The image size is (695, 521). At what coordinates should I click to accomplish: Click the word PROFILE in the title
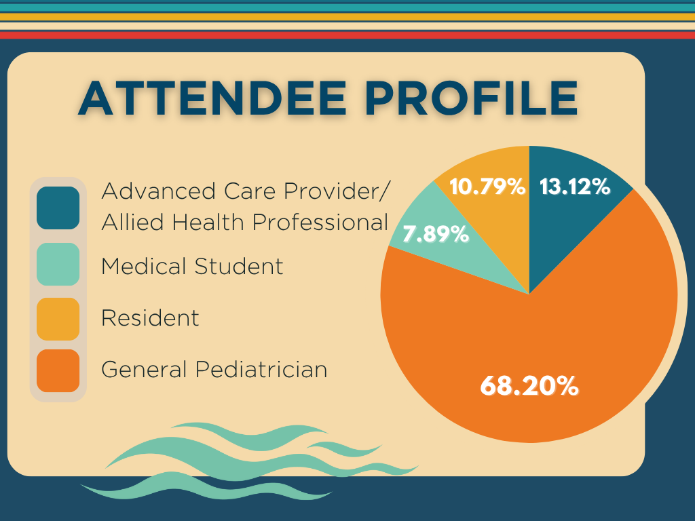tap(471, 98)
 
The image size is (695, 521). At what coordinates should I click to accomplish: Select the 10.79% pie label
tap(487, 187)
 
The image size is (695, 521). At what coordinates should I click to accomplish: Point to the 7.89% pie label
tap(436, 234)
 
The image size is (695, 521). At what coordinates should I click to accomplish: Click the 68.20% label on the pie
tap(529, 386)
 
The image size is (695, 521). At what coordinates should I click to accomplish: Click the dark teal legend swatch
tap(58, 208)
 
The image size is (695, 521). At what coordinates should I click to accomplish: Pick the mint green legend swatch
tap(58, 264)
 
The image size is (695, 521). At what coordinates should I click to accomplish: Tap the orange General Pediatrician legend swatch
tap(58, 370)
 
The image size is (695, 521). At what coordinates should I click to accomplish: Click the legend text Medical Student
tap(192, 266)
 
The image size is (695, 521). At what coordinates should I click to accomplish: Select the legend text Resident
tap(150, 317)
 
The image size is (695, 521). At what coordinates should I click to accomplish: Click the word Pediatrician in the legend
tap(261, 370)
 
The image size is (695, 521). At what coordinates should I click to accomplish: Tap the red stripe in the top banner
tap(347, 35)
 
